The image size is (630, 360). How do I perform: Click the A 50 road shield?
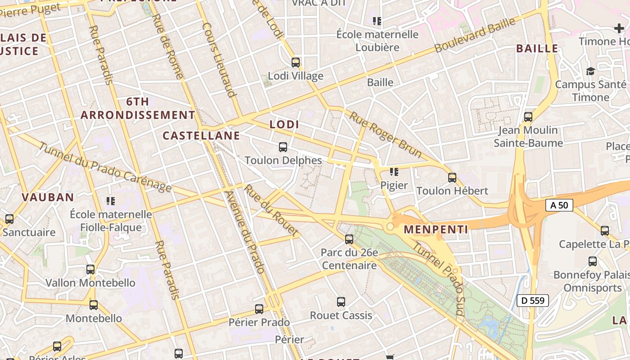[559, 205]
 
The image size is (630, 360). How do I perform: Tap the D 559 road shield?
[534, 300]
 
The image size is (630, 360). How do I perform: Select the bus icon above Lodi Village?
[296, 63]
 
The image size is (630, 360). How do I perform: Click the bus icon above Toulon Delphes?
[283, 147]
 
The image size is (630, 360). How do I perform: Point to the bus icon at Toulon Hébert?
[452, 177]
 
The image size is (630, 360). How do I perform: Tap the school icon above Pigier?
[394, 171]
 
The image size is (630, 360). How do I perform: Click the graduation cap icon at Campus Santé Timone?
[590, 71]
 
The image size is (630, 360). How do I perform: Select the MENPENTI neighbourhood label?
[436, 229]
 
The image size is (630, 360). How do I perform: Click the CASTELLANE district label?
[201, 135]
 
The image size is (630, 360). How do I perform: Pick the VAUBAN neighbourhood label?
[48, 197]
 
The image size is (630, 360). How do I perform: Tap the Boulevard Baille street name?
[474, 35]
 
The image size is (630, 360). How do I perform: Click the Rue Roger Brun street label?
[386, 135]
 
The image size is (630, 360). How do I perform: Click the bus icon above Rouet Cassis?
[341, 302]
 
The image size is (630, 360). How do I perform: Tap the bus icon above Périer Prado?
[259, 309]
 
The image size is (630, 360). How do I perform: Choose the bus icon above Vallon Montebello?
[90, 270]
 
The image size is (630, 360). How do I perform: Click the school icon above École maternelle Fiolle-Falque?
[111, 201]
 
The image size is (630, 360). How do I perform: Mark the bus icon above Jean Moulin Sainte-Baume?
[528, 117]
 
